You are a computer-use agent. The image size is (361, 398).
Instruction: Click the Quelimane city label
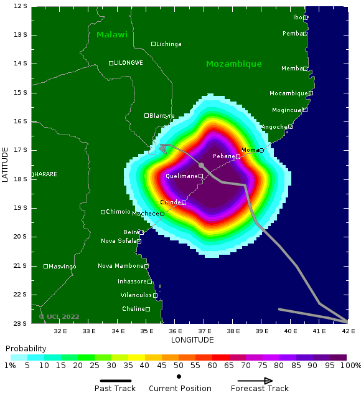[x=181, y=176]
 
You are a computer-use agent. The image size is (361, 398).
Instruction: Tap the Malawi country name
[x=111, y=35]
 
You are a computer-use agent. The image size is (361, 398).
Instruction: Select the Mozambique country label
[x=233, y=64]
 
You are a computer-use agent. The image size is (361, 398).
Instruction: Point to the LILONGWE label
[x=128, y=63]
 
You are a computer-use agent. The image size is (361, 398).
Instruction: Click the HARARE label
[x=45, y=174]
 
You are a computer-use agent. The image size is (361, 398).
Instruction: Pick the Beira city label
[x=131, y=232]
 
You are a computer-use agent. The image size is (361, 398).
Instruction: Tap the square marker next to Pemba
[x=306, y=34]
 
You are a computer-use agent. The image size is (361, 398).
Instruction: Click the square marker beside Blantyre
[x=147, y=115]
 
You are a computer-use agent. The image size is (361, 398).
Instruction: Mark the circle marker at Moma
[x=262, y=150]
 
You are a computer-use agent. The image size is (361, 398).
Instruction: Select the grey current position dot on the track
[x=201, y=165]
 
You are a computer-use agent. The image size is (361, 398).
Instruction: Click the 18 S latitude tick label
[x=21, y=179]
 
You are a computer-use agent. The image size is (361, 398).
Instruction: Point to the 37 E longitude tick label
[x=204, y=331]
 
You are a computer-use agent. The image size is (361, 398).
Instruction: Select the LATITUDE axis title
[x=6, y=164]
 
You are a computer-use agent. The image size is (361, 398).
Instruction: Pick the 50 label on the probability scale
[x=179, y=365]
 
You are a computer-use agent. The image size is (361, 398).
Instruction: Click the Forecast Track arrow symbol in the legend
[x=255, y=381]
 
